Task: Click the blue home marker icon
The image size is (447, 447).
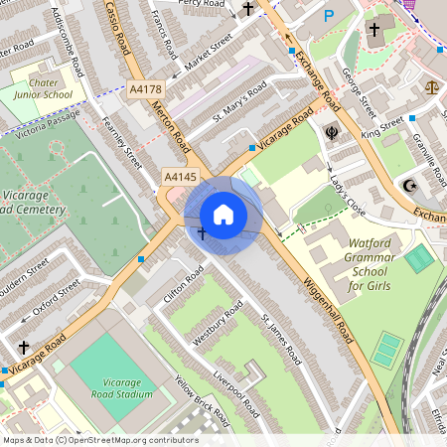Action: [223, 214]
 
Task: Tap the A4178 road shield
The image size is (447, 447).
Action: [145, 89]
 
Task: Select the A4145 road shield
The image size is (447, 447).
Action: [181, 176]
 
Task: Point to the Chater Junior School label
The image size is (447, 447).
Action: [43, 88]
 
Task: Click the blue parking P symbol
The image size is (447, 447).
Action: [329, 16]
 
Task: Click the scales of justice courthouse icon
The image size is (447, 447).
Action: [431, 87]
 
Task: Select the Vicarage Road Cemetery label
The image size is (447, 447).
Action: [34, 202]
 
